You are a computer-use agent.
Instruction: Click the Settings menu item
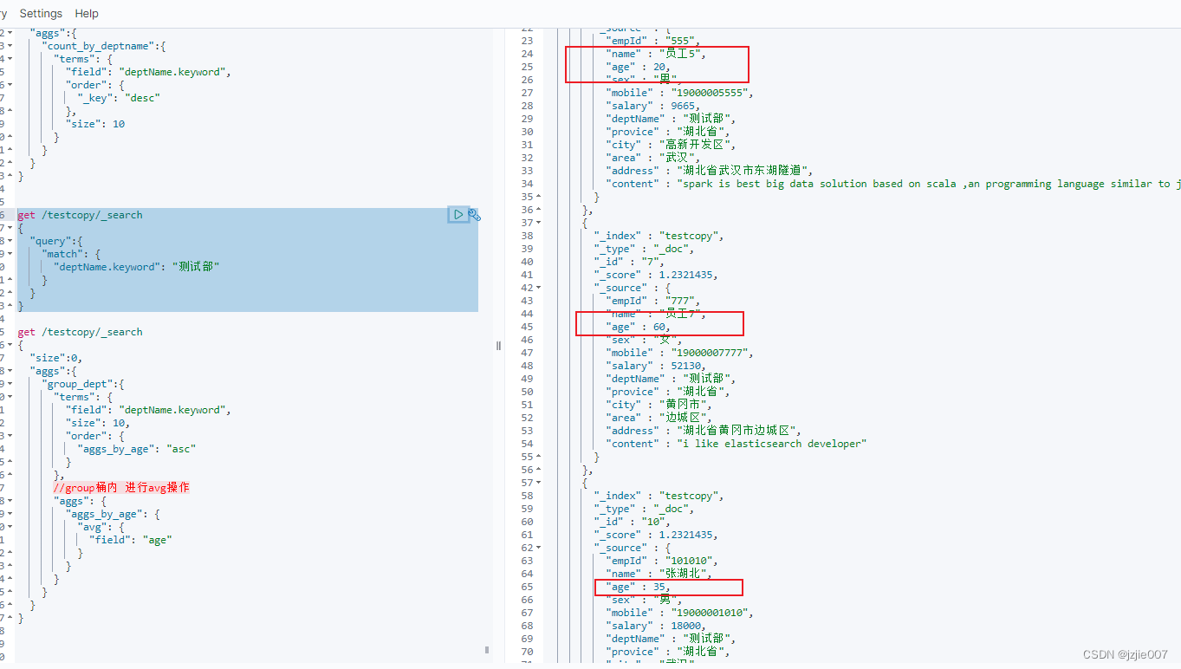pos(41,14)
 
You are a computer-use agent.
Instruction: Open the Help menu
pos(87,14)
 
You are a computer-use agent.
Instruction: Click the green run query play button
pos(458,214)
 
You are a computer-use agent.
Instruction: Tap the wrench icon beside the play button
pos(475,214)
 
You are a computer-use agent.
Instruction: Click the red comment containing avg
pos(121,488)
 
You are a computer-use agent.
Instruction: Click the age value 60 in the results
pos(659,327)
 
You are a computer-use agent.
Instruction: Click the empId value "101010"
pos(691,561)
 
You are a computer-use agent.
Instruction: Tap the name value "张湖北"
pos(685,574)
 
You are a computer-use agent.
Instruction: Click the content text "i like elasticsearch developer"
pos(771,444)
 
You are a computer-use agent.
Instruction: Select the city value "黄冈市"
pos(684,405)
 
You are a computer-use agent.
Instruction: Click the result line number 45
pos(528,327)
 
